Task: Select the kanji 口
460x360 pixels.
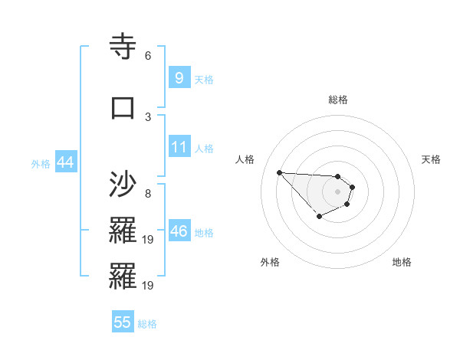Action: point(123,106)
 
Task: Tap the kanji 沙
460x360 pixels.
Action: point(123,185)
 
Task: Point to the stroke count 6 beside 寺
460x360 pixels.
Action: point(148,56)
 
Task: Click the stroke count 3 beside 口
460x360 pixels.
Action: point(148,116)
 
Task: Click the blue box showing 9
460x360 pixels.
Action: point(179,78)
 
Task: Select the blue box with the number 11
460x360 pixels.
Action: point(179,147)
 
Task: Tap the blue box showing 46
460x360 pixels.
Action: point(179,231)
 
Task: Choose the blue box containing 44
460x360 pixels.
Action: point(65,162)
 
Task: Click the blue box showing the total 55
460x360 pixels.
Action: point(123,322)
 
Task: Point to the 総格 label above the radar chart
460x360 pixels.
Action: point(337,100)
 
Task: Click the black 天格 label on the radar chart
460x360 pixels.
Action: point(431,159)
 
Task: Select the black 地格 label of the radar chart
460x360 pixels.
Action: point(402,262)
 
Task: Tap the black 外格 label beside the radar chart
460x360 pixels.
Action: point(270,262)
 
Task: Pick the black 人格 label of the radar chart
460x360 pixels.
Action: point(245,159)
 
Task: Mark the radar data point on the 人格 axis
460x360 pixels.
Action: point(279,172)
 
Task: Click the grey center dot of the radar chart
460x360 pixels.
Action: point(337,191)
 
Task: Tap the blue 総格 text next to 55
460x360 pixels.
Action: point(147,324)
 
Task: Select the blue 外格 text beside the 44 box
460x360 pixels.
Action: point(41,164)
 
